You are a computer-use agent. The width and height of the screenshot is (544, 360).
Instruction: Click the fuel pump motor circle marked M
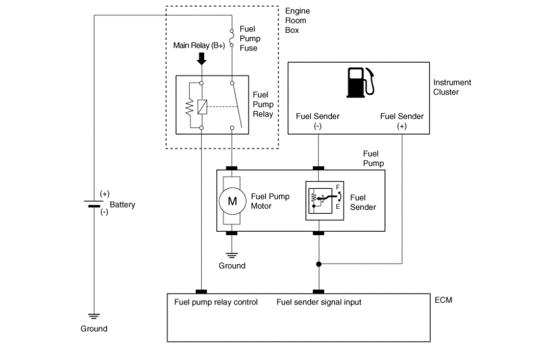pyautogui.click(x=232, y=201)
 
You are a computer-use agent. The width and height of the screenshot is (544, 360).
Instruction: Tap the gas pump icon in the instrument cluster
pyautogui.click(x=360, y=82)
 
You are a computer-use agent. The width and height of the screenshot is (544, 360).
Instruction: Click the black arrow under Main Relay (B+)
pyautogui.click(x=201, y=58)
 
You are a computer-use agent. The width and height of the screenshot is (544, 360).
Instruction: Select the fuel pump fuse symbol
pyautogui.click(x=232, y=38)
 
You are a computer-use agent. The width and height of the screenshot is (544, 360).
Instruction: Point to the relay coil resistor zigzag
pyautogui.click(x=190, y=108)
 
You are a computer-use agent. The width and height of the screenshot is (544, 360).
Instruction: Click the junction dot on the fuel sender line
pyautogui.click(x=319, y=264)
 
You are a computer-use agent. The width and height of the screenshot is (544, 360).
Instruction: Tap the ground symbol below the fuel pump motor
pyautogui.click(x=232, y=255)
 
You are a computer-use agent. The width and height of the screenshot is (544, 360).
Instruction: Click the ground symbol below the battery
pyautogui.click(x=94, y=316)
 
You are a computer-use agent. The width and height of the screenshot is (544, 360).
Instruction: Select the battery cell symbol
pyautogui.click(x=94, y=204)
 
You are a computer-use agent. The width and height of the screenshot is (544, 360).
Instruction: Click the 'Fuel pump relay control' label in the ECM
pyautogui.click(x=216, y=302)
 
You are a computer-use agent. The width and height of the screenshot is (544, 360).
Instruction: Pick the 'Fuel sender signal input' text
pyautogui.click(x=319, y=302)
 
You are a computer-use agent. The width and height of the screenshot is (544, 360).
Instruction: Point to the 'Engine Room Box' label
pyautogui.click(x=297, y=21)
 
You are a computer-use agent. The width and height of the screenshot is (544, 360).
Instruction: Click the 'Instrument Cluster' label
pyautogui.click(x=452, y=87)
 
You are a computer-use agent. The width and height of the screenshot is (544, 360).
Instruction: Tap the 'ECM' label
pyautogui.click(x=443, y=300)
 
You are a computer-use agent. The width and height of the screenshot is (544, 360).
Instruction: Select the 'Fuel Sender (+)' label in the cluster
pyautogui.click(x=402, y=121)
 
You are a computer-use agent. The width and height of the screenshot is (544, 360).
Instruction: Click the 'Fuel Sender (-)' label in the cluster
pyautogui.click(x=317, y=121)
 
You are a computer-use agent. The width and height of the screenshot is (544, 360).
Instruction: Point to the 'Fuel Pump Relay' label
pyautogui.click(x=263, y=104)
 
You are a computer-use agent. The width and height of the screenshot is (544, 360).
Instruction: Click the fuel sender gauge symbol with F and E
pyautogui.click(x=325, y=201)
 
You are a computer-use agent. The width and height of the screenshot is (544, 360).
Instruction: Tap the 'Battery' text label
pyautogui.click(x=122, y=205)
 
